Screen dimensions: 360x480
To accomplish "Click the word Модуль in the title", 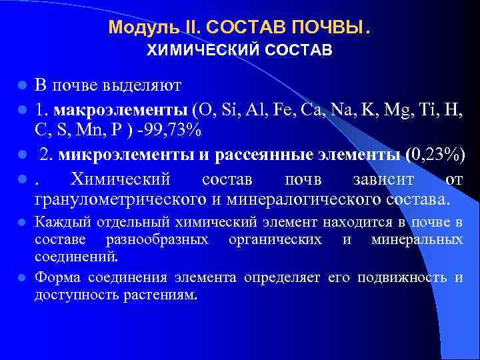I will [x=135, y=27].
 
